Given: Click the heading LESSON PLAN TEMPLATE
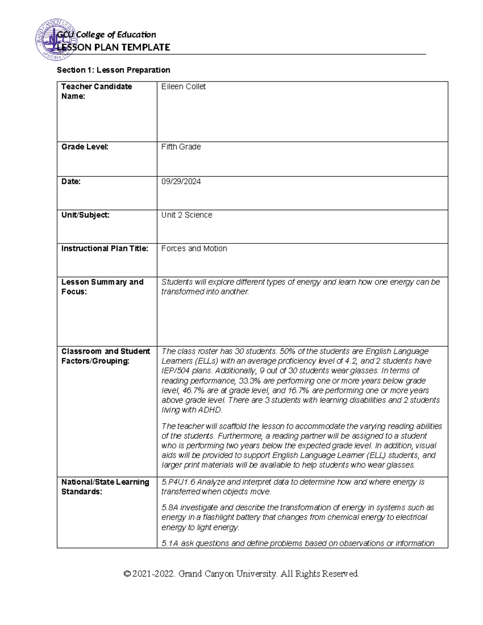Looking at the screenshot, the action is coord(114,47).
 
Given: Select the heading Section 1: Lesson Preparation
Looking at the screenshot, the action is coord(114,70).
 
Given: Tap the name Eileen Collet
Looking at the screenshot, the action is coord(183,87).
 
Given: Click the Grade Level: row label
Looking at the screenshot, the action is coord(85,147).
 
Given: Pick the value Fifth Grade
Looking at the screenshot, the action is coord(181,147).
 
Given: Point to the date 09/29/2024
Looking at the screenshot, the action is coord(181,182).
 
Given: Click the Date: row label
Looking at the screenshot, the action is coord(71,182).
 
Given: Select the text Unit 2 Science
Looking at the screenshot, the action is coord(186,215).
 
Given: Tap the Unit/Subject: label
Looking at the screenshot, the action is coord(85,215).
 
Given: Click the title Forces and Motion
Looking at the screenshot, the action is coord(194,249).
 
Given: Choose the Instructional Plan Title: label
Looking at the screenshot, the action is coord(105,249).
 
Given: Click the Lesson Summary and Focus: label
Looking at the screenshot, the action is coord(102,287).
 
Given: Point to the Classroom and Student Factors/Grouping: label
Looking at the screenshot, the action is coord(105,356).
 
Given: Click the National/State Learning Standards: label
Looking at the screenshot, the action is coord(105,487).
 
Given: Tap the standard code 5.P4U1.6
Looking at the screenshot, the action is coord(178,482).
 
